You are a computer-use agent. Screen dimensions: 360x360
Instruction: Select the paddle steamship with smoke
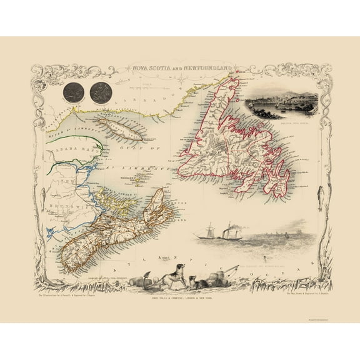point(232,231)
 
